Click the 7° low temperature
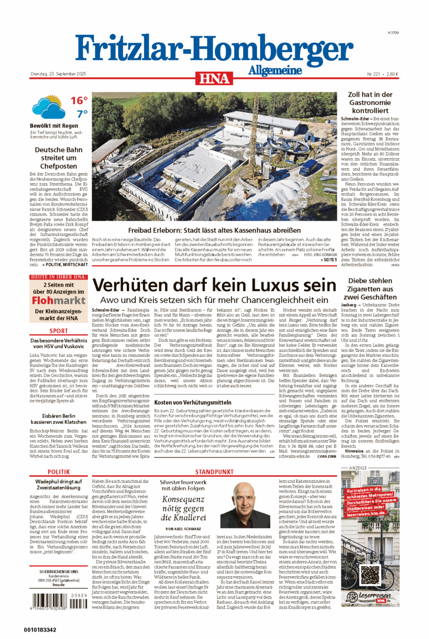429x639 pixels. click(81, 114)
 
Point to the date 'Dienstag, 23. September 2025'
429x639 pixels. click(58, 74)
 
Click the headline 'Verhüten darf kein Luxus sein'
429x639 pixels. click(213, 284)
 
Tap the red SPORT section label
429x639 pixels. click(59, 331)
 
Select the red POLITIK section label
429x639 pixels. click(59, 472)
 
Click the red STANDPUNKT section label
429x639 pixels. click(214, 472)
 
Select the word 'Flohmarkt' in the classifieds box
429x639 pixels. click(59, 301)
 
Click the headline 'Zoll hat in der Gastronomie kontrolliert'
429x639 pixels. click(370, 103)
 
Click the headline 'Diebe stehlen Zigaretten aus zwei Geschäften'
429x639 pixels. click(370, 289)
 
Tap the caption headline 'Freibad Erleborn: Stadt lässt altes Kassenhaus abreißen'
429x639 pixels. click(214, 231)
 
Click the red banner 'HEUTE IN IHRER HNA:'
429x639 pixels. click(59, 277)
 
